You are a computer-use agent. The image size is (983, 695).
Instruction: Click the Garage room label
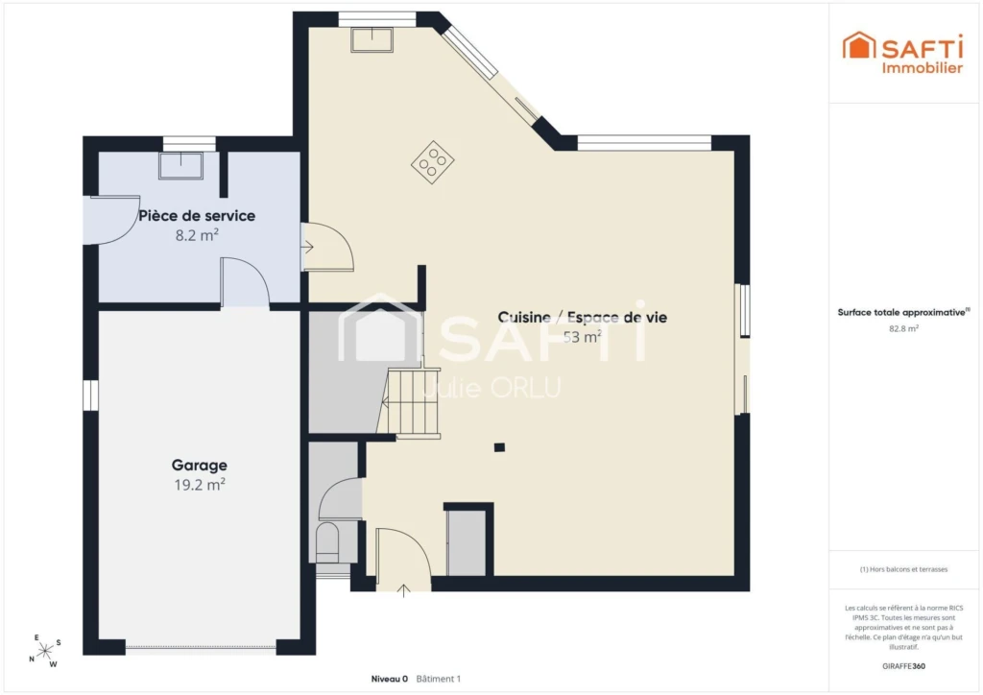tap(200, 465)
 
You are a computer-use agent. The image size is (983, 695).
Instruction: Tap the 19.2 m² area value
tap(200, 485)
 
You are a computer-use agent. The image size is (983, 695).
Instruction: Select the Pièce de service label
tap(197, 216)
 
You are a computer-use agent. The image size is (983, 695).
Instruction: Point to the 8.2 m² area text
tap(197, 235)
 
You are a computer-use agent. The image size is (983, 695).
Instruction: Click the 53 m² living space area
tap(583, 337)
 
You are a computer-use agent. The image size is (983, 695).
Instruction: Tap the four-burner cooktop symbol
tap(433, 162)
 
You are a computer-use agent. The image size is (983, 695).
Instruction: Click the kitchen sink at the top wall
tap(372, 40)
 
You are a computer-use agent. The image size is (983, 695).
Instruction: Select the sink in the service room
tap(181, 165)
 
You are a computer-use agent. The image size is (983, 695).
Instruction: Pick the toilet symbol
tap(327, 542)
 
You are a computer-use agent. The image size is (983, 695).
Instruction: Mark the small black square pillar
tap(499, 447)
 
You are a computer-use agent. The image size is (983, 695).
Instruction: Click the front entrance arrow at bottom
tap(404, 590)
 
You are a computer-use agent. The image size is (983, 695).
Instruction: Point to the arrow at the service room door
tap(307, 247)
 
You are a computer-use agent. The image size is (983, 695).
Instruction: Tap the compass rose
tap(45, 652)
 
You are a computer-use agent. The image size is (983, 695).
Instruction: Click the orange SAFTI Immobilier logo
tap(902, 53)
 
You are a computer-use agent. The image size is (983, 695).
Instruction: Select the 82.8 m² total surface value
tap(903, 328)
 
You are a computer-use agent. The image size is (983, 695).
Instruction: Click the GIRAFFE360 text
tap(903, 666)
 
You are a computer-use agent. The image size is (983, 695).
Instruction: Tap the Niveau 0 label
tap(390, 679)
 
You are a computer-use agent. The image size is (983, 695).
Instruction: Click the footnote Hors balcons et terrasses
tap(903, 569)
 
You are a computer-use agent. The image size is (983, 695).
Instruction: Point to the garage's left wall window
tap(91, 395)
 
